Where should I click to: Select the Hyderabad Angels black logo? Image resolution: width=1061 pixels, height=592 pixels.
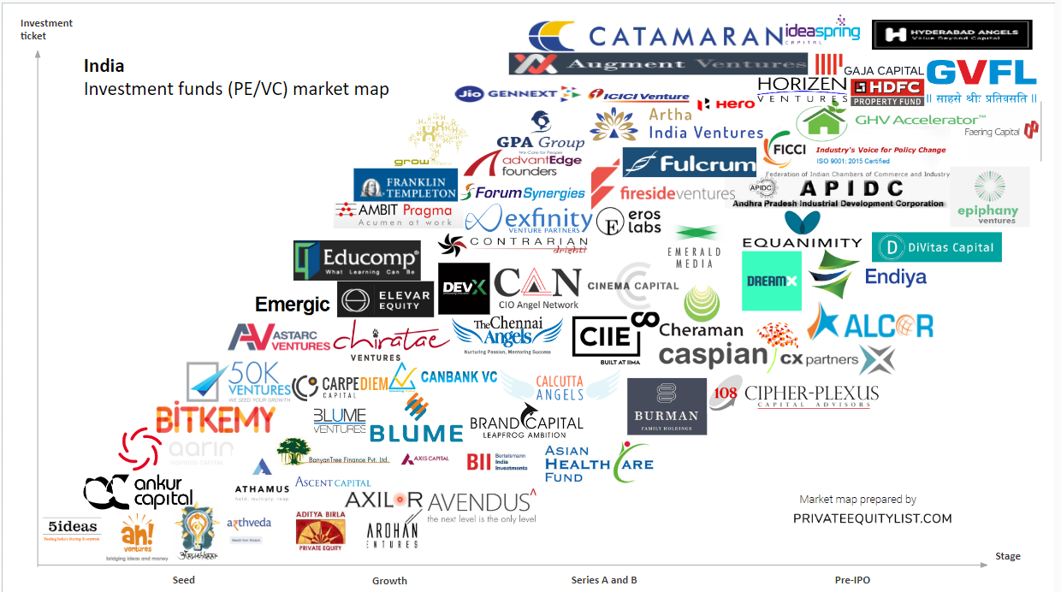(951, 35)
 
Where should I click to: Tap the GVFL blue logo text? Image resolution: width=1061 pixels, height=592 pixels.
(981, 72)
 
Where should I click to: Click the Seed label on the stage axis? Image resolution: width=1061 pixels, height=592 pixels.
(183, 580)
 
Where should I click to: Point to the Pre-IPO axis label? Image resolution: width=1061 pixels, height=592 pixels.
(852, 580)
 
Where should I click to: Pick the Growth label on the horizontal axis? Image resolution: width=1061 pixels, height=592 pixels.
(389, 581)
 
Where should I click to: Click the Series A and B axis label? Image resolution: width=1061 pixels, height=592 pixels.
(604, 580)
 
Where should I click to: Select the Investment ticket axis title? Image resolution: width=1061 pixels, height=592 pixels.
(46, 30)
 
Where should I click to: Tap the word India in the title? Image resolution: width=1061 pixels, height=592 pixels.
(104, 66)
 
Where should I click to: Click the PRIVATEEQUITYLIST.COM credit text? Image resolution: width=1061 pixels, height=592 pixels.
(872, 518)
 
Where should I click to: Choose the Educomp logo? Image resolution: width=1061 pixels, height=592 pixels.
(357, 260)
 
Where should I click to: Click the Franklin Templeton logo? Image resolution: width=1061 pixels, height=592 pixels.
(406, 184)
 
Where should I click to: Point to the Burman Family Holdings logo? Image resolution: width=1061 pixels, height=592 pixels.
(667, 406)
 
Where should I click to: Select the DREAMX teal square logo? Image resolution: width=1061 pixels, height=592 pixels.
(771, 281)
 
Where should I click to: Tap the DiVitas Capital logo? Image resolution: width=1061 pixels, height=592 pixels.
(936, 247)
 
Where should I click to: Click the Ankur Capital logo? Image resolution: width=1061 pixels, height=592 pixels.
(138, 490)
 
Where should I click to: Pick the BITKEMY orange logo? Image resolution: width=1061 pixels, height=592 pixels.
(215, 418)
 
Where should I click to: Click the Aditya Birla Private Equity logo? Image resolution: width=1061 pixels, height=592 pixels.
(320, 529)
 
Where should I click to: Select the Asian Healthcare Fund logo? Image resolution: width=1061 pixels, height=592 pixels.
(598, 463)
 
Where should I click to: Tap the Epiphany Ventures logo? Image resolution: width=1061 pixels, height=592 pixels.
(989, 198)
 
